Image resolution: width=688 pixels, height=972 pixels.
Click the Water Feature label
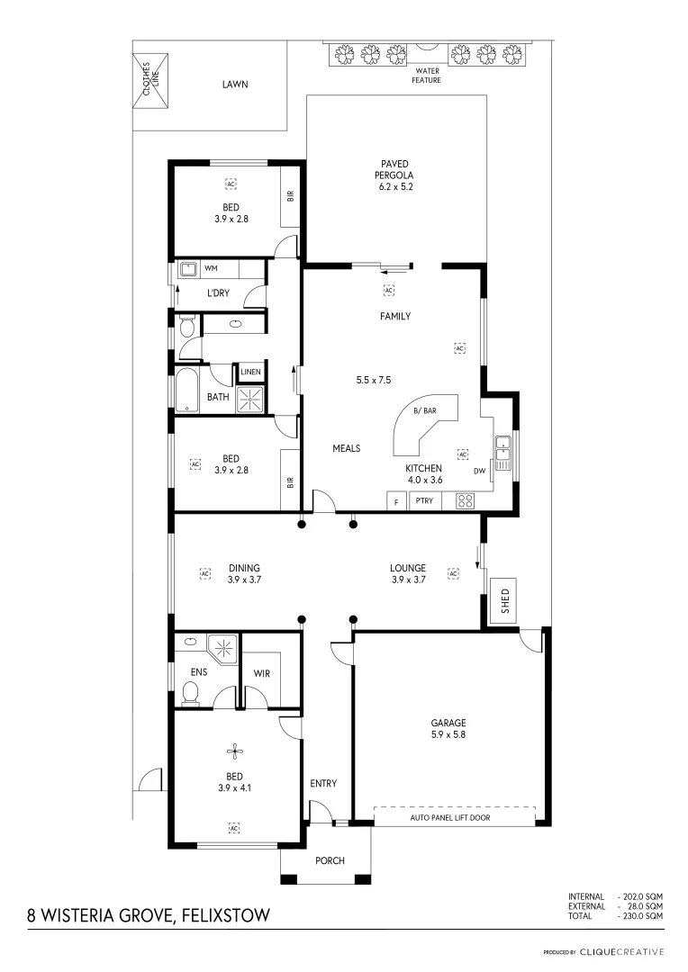(x=427, y=76)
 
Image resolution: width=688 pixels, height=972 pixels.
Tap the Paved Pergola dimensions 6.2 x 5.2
(x=395, y=187)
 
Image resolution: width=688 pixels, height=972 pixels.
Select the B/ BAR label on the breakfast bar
(x=424, y=411)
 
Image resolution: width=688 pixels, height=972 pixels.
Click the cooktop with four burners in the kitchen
(x=465, y=501)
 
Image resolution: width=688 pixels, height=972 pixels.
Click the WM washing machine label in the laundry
(x=211, y=268)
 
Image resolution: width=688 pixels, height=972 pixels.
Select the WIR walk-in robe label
(x=262, y=672)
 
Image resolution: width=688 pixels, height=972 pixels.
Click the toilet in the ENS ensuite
(x=190, y=692)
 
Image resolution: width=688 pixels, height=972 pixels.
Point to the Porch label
(x=330, y=860)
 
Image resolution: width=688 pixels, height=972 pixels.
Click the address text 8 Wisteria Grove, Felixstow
(x=149, y=916)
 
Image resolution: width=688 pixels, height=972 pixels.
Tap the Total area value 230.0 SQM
(x=640, y=915)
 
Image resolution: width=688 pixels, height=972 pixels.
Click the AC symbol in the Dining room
(x=204, y=572)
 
